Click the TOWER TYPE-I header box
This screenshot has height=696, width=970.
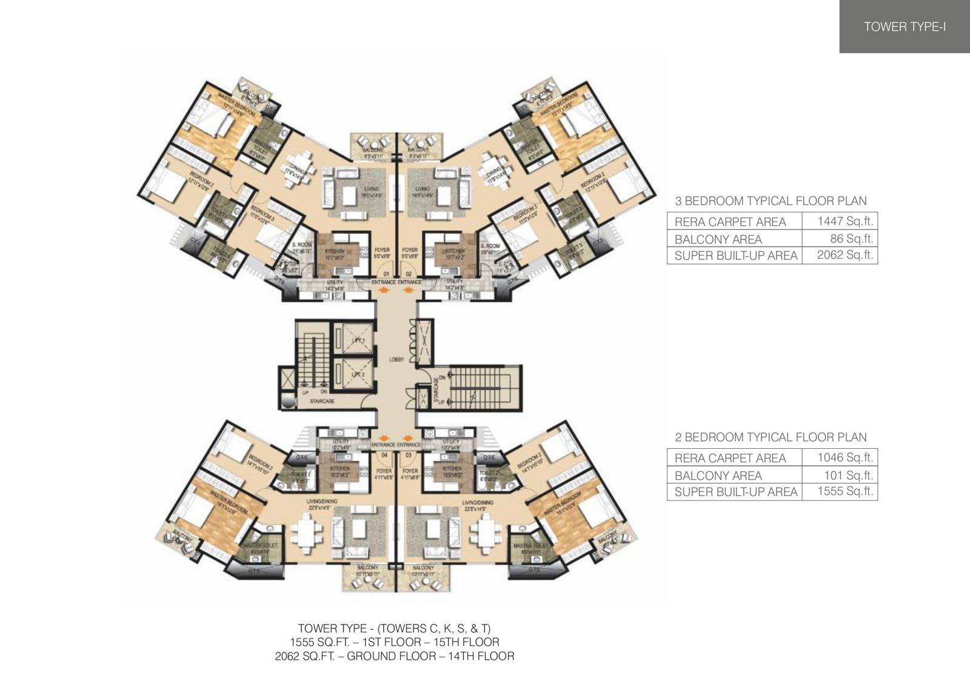click(x=904, y=27)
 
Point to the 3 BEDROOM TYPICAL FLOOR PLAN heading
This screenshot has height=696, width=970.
click(x=771, y=201)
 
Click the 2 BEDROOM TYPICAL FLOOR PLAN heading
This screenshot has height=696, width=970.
click(x=771, y=437)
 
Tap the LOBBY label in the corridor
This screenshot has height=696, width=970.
click(x=396, y=360)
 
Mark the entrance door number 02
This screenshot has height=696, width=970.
click(x=408, y=274)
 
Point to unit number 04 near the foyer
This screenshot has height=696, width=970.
click(x=384, y=454)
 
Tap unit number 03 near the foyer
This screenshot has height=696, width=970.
click(x=408, y=454)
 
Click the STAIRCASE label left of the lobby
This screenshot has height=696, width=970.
click(x=322, y=401)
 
